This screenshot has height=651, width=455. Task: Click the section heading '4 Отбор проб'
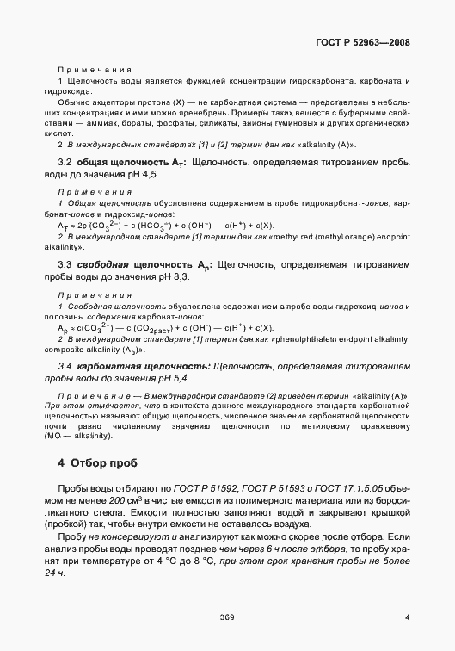pyautogui.click(x=95, y=462)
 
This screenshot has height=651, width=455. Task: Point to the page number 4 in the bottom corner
pyautogui.click(x=406, y=616)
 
